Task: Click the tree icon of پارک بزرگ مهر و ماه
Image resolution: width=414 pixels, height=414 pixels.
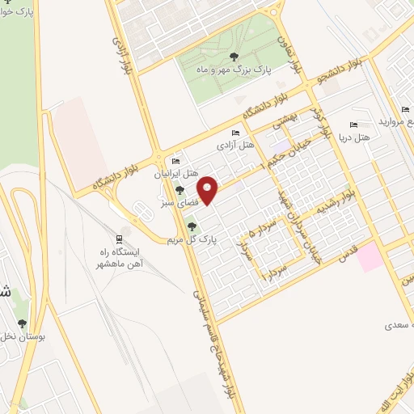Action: pyautogui.click(x=234, y=57)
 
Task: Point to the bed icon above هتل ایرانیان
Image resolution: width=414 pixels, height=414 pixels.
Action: pyautogui.click(x=176, y=163)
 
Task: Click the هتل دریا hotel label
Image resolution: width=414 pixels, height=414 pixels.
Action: pyautogui.click(x=356, y=137)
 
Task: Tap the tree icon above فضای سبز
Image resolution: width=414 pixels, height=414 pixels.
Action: pyautogui.click(x=180, y=191)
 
